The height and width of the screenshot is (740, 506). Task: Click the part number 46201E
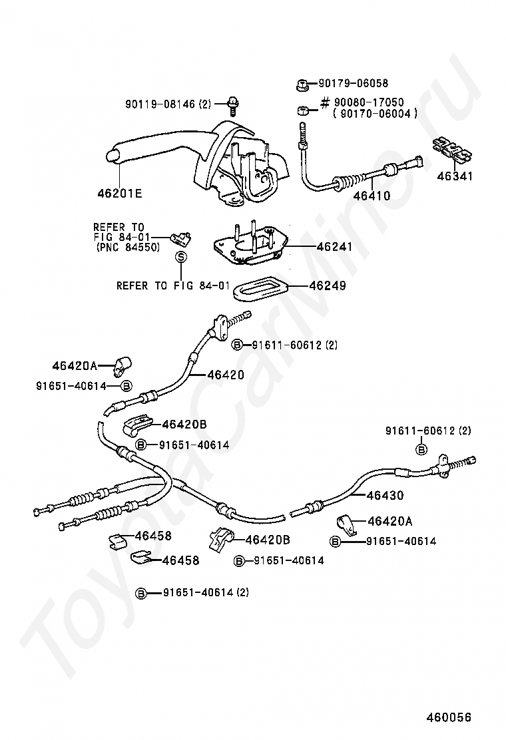(x=120, y=194)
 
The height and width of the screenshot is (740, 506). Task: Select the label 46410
(x=372, y=196)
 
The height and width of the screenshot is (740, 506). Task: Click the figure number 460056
(x=449, y=717)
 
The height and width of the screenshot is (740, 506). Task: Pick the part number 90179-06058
(x=353, y=84)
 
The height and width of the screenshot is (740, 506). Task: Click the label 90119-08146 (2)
(x=168, y=104)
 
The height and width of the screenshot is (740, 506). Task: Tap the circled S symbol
(x=180, y=257)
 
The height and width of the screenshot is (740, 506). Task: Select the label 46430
(x=385, y=496)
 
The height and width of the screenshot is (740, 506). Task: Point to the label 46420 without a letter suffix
(x=225, y=375)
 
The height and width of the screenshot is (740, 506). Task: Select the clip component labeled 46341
(x=452, y=150)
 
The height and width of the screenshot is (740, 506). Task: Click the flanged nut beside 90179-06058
(x=301, y=85)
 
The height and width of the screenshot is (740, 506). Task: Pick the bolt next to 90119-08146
(x=234, y=103)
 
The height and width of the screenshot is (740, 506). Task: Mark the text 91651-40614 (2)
(x=206, y=592)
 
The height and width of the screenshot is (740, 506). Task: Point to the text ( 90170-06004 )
(x=376, y=114)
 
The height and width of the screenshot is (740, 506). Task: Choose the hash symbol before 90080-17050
(x=326, y=103)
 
